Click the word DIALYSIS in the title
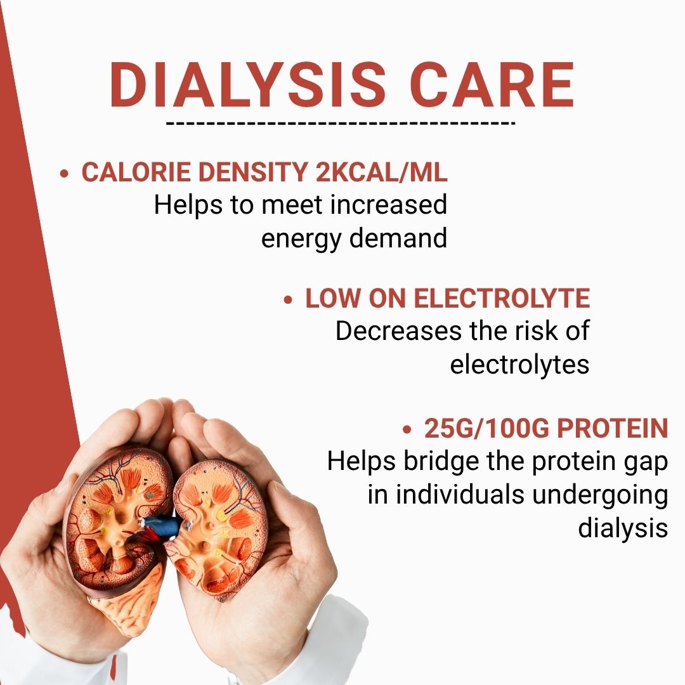click(x=248, y=85)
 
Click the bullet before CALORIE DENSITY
click(x=63, y=174)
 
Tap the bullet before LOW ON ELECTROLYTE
click(x=289, y=299)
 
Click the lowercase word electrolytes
click(x=519, y=365)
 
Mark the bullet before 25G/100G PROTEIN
click(x=407, y=430)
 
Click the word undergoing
click(x=600, y=495)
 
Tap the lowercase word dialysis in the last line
click(x=623, y=528)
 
